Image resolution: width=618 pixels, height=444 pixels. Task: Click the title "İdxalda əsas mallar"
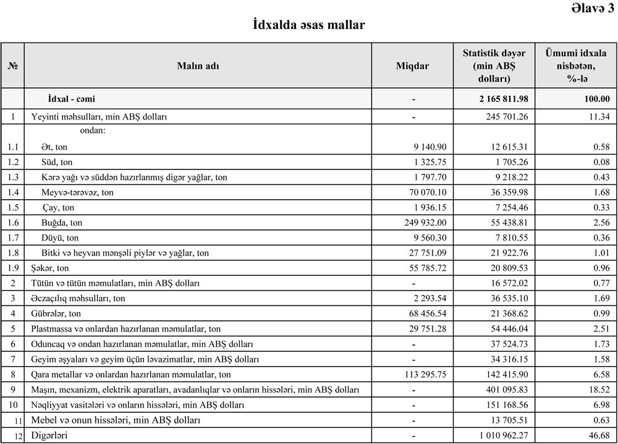click(309, 25)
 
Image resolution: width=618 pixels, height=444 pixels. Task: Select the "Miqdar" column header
click(412, 66)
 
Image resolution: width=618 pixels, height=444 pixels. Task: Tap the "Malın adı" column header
click(198, 66)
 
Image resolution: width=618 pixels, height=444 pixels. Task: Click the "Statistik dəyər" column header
click(494, 66)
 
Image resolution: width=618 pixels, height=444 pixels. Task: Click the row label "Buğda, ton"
click(62, 223)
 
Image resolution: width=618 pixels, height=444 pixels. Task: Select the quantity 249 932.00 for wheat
click(423, 223)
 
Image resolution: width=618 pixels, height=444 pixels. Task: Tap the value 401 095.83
click(502, 390)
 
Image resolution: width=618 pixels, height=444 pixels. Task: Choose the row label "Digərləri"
click(49, 435)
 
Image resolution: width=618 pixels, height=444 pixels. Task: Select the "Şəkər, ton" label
click(50, 268)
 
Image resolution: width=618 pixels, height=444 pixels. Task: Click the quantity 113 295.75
click(423, 375)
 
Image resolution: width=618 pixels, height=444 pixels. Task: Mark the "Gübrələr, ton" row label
click(56, 314)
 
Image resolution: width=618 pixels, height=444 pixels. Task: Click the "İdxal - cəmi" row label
click(72, 99)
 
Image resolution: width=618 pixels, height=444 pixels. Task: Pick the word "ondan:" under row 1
click(93, 131)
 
